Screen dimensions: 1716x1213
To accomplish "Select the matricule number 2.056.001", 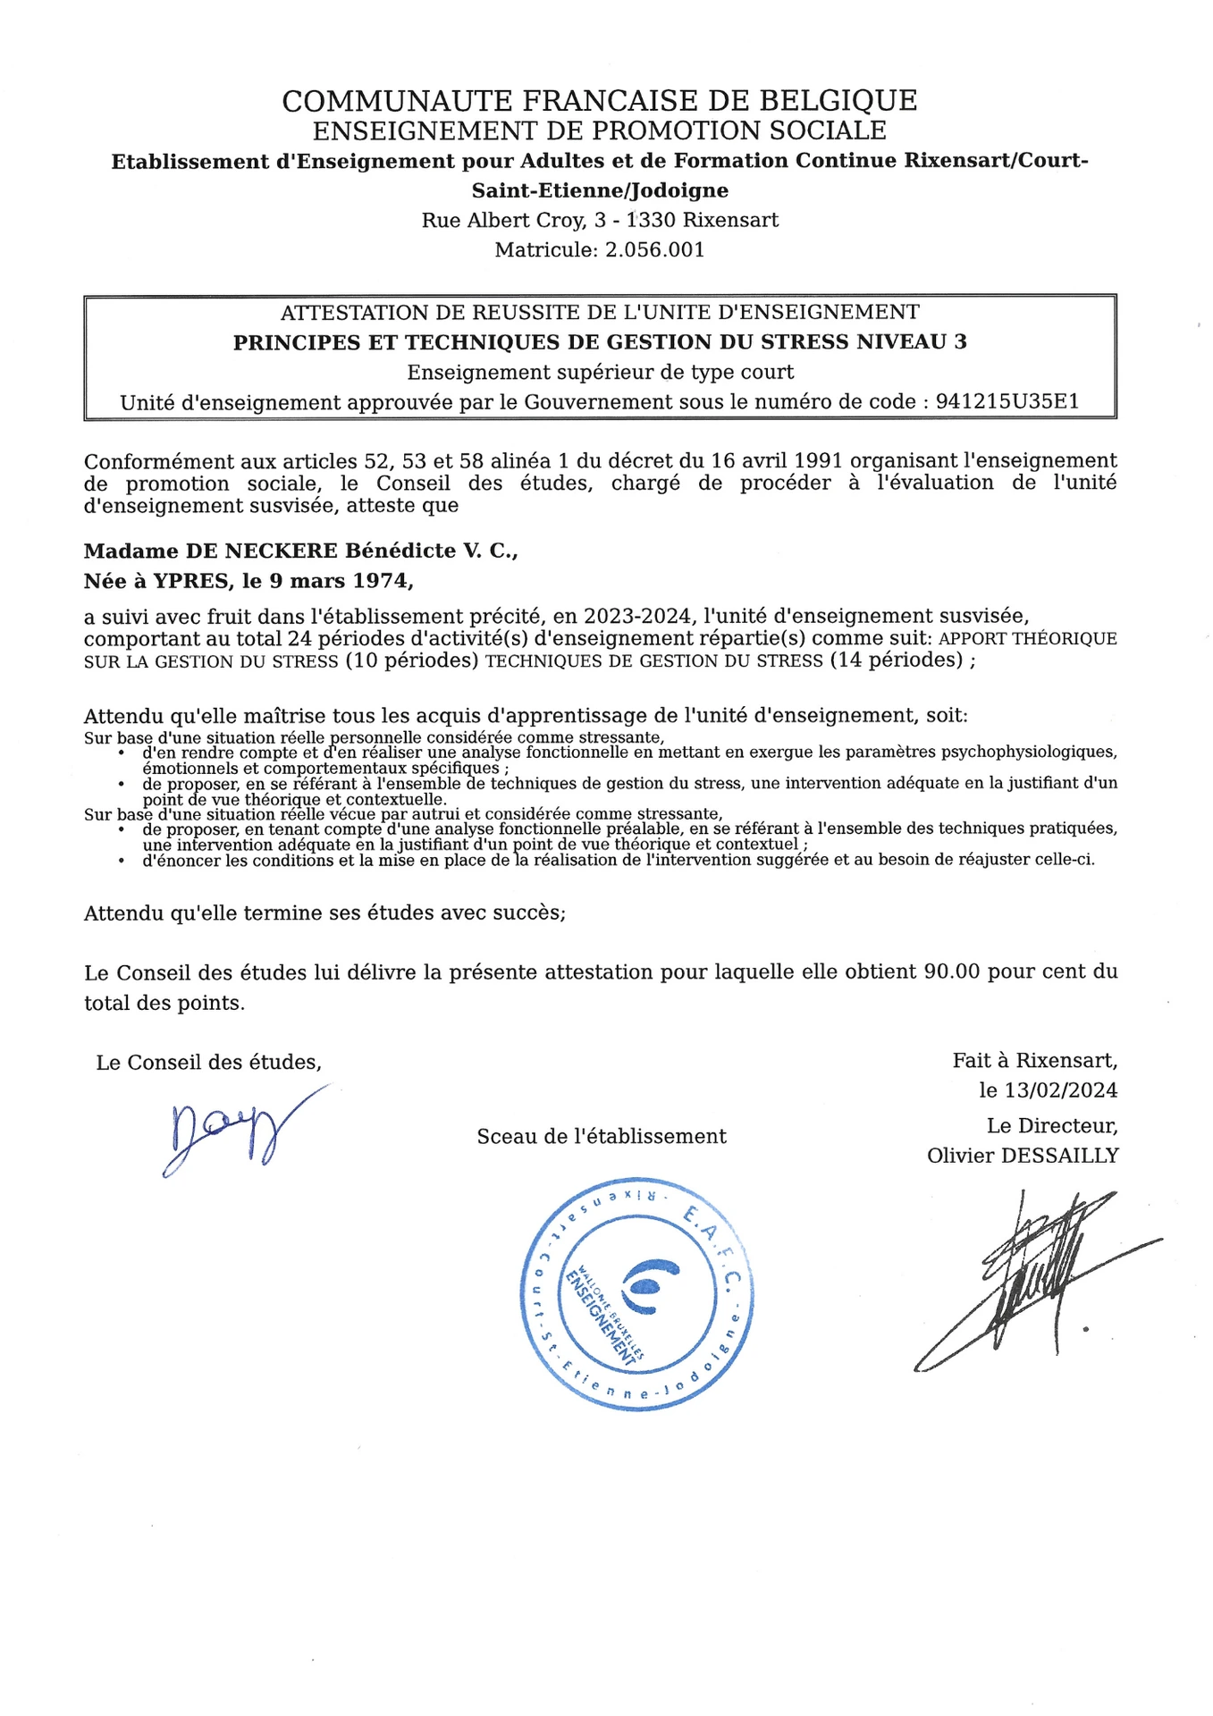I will tap(654, 249).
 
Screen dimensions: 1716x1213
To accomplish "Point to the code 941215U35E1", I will tap(1007, 402).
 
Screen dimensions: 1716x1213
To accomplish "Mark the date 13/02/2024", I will tap(1061, 1090).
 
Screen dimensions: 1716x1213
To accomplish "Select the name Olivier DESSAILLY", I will tap(1023, 1156).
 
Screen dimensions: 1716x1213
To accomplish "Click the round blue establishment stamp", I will tap(637, 1294).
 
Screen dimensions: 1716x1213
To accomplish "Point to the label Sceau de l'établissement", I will tap(602, 1137).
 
